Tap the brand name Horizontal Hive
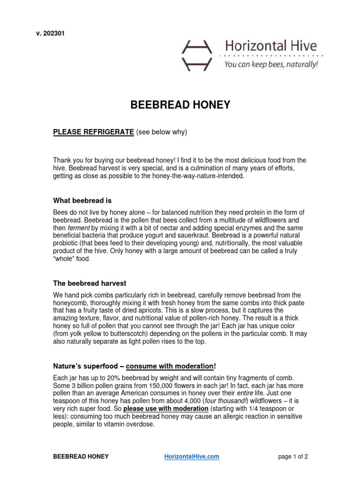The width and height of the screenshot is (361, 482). click(x=270, y=46)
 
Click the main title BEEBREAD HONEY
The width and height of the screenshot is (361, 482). click(x=180, y=105)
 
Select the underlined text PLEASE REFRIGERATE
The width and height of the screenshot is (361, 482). click(x=94, y=132)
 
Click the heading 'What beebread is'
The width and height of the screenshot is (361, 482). click(x=82, y=201)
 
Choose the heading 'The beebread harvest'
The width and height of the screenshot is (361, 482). click(x=89, y=283)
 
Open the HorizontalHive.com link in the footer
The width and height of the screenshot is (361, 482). click(x=191, y=457)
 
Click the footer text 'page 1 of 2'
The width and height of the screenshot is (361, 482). click(x=293, y=457)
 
